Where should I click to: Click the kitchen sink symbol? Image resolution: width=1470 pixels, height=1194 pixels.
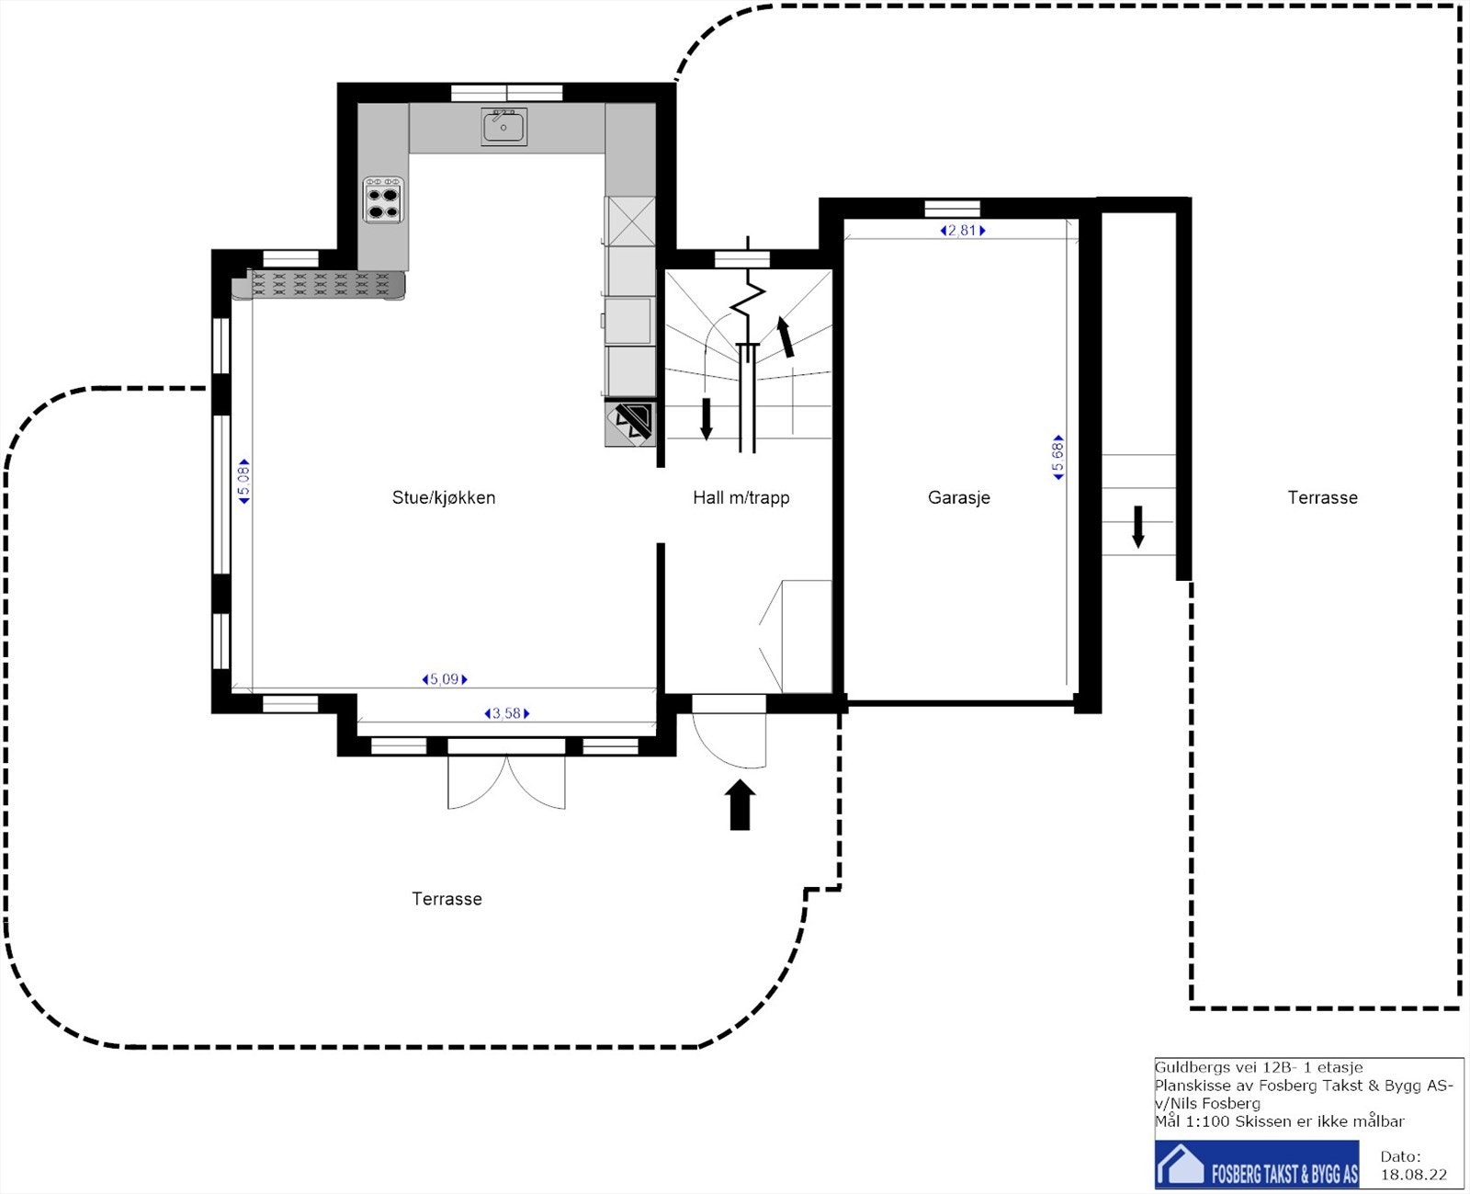point(503,126)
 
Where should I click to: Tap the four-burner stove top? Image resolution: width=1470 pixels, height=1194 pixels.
point(383,200)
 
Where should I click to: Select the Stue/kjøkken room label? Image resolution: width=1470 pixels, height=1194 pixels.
point(444,497)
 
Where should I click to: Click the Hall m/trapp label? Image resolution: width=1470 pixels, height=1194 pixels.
point(741,497)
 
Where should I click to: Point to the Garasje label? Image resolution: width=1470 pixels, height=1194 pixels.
point(958,497)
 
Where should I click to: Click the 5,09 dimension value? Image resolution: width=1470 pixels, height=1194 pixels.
point(445,679)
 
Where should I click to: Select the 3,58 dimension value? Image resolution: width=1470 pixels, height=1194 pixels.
point(506,713)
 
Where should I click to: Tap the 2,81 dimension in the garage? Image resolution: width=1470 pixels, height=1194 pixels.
point(962,230)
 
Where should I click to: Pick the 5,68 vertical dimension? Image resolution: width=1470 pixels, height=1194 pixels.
point(1058,457)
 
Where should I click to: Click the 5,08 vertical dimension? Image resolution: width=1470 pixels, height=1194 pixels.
point(243,482)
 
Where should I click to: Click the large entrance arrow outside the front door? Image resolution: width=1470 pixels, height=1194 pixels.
point(740,804)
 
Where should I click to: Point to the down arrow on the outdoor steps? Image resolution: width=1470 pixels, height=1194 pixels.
point(1138,527)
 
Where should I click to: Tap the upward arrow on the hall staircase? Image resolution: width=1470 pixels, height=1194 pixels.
point(786,337)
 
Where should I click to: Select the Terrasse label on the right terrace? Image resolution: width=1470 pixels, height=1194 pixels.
point(1322,497)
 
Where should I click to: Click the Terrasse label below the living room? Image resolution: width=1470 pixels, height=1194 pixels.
point(447,898)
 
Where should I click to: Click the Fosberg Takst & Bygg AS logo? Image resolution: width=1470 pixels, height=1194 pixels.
point(1257,1165)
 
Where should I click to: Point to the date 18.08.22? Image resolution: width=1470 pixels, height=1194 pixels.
point(1413,1175)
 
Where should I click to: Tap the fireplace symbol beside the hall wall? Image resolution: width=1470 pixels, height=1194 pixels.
point(630,423)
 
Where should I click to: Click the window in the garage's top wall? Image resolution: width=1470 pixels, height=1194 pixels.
point(953,209)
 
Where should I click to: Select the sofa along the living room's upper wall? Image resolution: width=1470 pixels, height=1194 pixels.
point(318,285)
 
